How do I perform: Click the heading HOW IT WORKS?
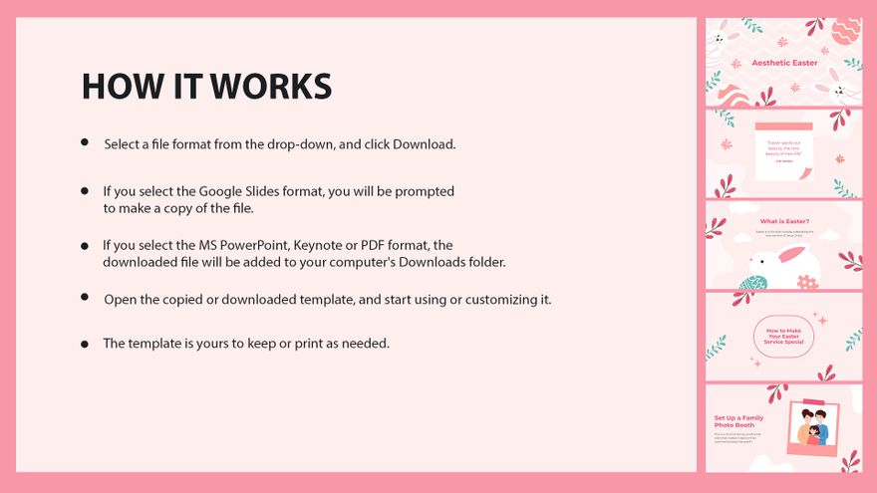coord(206,87)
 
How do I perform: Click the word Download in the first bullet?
coord(423,144)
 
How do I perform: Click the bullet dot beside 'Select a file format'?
coord(85,143)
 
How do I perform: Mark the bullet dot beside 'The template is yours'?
coord(85,344)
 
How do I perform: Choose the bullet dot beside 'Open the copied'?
coord(85,298)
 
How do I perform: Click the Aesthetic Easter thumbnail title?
coord(784,63)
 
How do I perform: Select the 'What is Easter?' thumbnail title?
coord(784,221)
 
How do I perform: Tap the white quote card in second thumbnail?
coord(783,152)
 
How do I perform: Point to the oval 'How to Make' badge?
coord(784,337)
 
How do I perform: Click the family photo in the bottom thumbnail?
coord(812,428)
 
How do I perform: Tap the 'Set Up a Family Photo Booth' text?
coord(738,421)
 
